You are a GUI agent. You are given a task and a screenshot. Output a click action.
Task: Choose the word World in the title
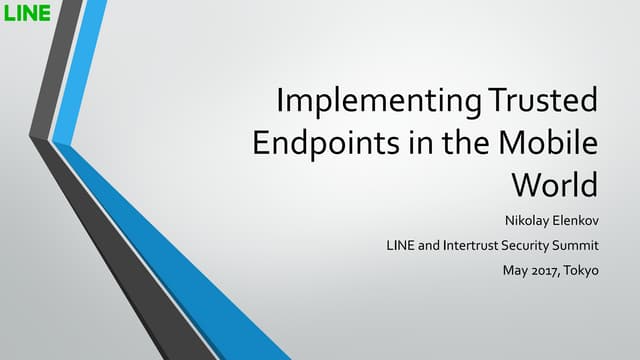pyautogui.click(x=554, y=185)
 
